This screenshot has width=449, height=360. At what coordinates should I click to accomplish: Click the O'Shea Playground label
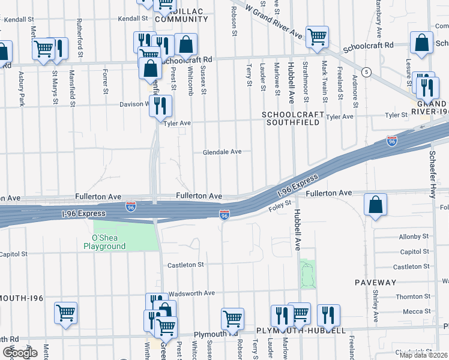point(104,242)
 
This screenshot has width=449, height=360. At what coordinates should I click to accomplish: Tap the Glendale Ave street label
point(221,152)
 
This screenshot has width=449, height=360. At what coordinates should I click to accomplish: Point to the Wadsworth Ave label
point(192,293)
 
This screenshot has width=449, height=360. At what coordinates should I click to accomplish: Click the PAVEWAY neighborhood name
point(375,282)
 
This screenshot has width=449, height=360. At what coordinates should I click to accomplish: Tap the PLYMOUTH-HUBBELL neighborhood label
point(300,331)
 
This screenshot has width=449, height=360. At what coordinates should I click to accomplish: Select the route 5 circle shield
point(366,71)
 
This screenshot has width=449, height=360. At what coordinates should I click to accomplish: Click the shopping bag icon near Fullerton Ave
point(375,205)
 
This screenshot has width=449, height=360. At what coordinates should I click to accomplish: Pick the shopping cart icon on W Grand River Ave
point(316,37)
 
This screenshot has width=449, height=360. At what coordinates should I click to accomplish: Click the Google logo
point(20,353)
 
